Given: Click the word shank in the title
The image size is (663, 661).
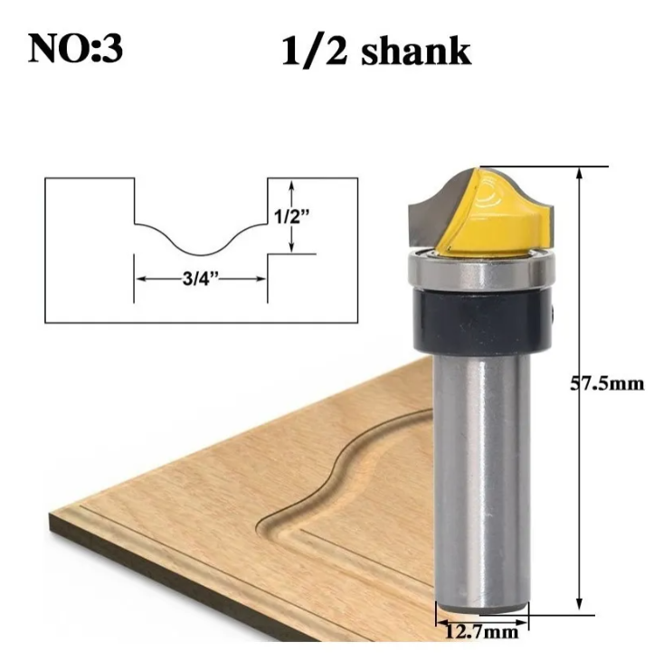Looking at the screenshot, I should [415, 52].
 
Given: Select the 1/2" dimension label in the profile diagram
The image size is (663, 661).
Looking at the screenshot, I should [292, 216].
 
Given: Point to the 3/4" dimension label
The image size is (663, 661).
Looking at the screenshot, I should [201, 279].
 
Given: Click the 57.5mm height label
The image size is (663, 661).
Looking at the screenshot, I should [606, 383].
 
